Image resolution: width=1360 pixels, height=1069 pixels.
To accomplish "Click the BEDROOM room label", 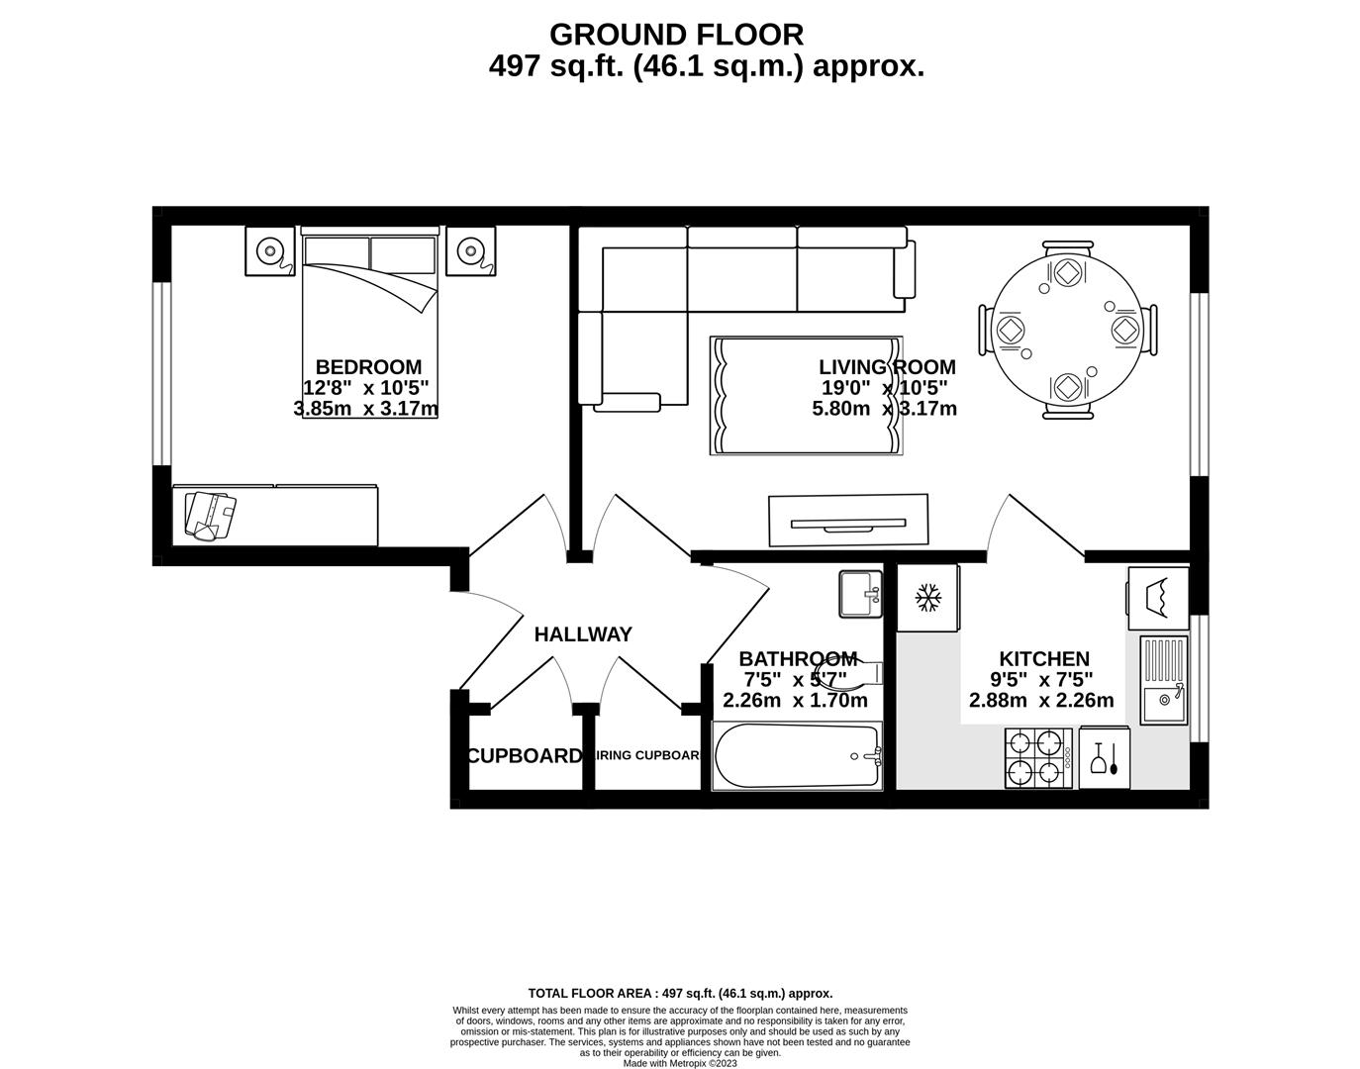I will pos(368,366).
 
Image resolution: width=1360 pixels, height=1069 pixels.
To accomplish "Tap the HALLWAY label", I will pos(583,634).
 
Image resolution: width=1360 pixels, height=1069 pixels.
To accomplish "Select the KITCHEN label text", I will pos(1044,658).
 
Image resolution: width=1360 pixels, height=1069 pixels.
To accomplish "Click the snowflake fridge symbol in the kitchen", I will pos(927,597).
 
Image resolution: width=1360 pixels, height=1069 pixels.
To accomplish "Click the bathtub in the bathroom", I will pos(797,757).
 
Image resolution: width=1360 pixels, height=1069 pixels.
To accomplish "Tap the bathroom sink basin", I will pos(859,594).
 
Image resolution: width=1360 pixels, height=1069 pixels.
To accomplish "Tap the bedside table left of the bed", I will pos(270,251).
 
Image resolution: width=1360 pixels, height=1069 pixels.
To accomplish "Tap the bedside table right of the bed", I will pos(470,251).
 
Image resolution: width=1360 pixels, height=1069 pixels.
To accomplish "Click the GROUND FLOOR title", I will pos(676,35).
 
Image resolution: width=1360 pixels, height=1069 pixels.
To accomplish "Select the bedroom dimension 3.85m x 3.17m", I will pos(366,408).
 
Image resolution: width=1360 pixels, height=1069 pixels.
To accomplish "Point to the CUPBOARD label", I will pos(525,756).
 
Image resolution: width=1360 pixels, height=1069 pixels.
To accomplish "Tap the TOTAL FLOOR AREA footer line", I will pos(680,993).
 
